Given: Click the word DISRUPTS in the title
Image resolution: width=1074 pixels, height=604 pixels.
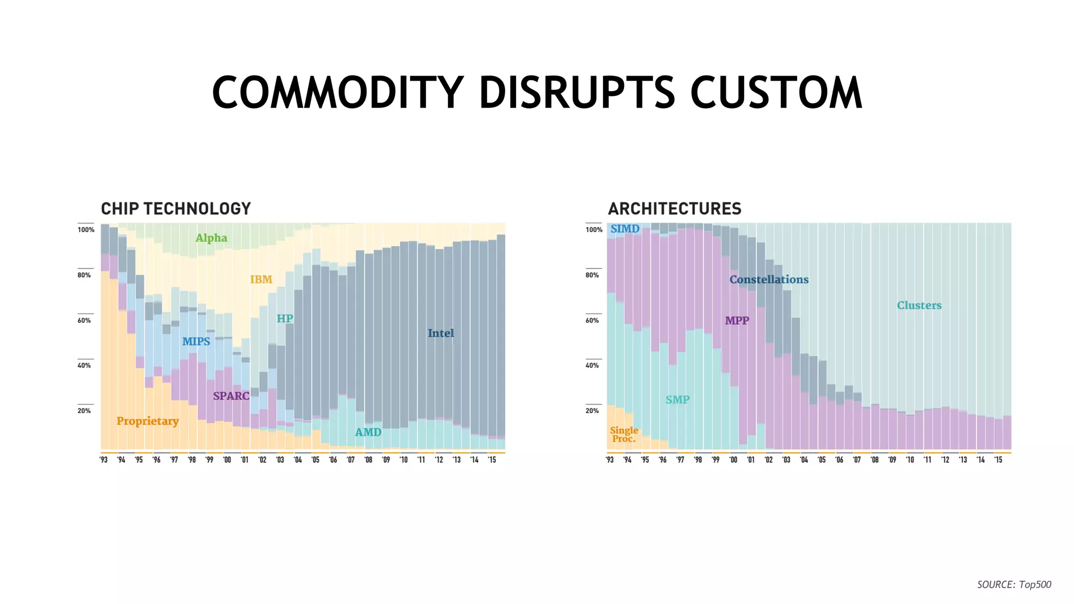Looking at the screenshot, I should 577,93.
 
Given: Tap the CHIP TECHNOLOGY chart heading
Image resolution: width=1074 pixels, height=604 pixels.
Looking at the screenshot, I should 176,209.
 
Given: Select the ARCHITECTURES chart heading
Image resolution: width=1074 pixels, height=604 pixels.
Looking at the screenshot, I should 674,209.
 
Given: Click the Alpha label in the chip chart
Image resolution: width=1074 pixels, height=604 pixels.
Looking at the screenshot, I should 211,238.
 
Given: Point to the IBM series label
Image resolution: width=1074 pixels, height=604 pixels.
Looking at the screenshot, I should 261,279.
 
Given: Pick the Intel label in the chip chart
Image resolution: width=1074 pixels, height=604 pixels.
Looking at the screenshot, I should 441,333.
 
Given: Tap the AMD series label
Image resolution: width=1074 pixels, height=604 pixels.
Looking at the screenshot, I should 368,432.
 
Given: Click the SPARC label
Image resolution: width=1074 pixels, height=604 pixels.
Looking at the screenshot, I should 231,396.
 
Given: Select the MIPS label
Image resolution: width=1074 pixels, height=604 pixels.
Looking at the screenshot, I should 196,341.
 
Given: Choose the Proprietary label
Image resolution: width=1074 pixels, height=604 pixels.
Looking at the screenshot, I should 147,421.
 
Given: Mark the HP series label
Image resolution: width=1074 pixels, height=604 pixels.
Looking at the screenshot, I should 285,318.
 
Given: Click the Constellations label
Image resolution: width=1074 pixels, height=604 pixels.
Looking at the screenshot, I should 769,279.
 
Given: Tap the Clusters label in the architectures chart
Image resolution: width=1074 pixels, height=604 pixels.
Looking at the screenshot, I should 919,305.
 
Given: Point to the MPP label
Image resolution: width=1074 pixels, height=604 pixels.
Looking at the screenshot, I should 737,320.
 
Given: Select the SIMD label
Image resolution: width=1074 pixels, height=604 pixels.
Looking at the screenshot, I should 625,229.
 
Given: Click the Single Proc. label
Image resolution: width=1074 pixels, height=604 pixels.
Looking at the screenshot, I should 624,434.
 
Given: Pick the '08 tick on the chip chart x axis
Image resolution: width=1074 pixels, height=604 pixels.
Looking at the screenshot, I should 368,460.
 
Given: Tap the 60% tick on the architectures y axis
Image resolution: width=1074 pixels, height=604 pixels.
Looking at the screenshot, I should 592,320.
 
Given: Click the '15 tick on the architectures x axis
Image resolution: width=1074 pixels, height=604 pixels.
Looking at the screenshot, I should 998,460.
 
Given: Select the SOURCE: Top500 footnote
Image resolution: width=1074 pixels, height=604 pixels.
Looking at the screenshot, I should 1014,584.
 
